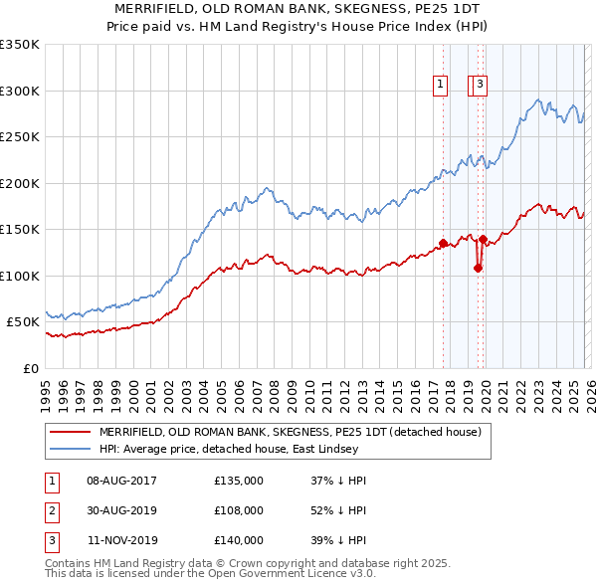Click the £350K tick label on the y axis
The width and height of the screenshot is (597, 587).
click(x=20, y=45)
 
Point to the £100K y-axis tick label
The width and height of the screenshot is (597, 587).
click(x=20, y=276)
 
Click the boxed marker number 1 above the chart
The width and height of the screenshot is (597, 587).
click(x=439, y=86)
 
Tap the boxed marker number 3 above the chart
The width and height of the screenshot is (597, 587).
click(x=480, y=86)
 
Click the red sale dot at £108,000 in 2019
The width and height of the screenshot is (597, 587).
click(x=479, y=268)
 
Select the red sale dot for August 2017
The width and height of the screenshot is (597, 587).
click(x=443, y=243)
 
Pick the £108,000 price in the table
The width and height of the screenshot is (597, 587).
click(x=239, y=510)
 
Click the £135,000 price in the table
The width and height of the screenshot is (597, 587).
click(x=239, y=481)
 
